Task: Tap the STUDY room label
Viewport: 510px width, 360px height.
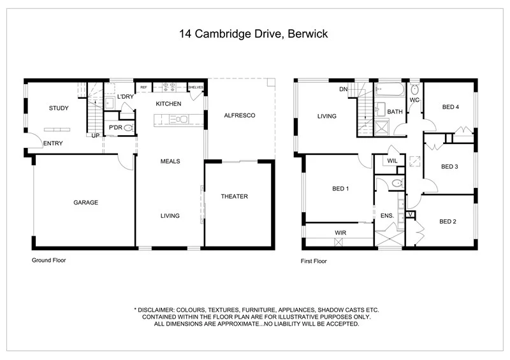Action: (59, 108)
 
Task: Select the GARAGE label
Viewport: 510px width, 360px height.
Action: (85, 203)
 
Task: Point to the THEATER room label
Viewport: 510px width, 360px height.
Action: (234, 196)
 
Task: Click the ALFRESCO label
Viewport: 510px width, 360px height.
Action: (240, 115)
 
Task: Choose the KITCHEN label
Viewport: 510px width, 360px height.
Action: (168, 104)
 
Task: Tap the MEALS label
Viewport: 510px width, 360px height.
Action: (170, 161)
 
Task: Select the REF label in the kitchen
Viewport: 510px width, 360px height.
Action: (143, 87)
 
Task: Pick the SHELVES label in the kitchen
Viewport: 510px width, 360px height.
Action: (195, 87)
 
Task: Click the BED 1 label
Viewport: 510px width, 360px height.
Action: (340, 189)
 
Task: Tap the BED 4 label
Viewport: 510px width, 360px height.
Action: (451, 107)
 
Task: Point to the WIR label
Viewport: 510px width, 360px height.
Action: (340, 233)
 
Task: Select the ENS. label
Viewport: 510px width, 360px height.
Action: (387, 217)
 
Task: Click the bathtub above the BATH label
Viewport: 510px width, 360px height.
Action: (390, 91)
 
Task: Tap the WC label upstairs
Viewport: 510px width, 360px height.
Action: (414, 100)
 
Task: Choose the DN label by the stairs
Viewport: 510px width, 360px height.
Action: (343, 89)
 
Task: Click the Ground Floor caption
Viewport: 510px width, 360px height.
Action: (49, 260)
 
